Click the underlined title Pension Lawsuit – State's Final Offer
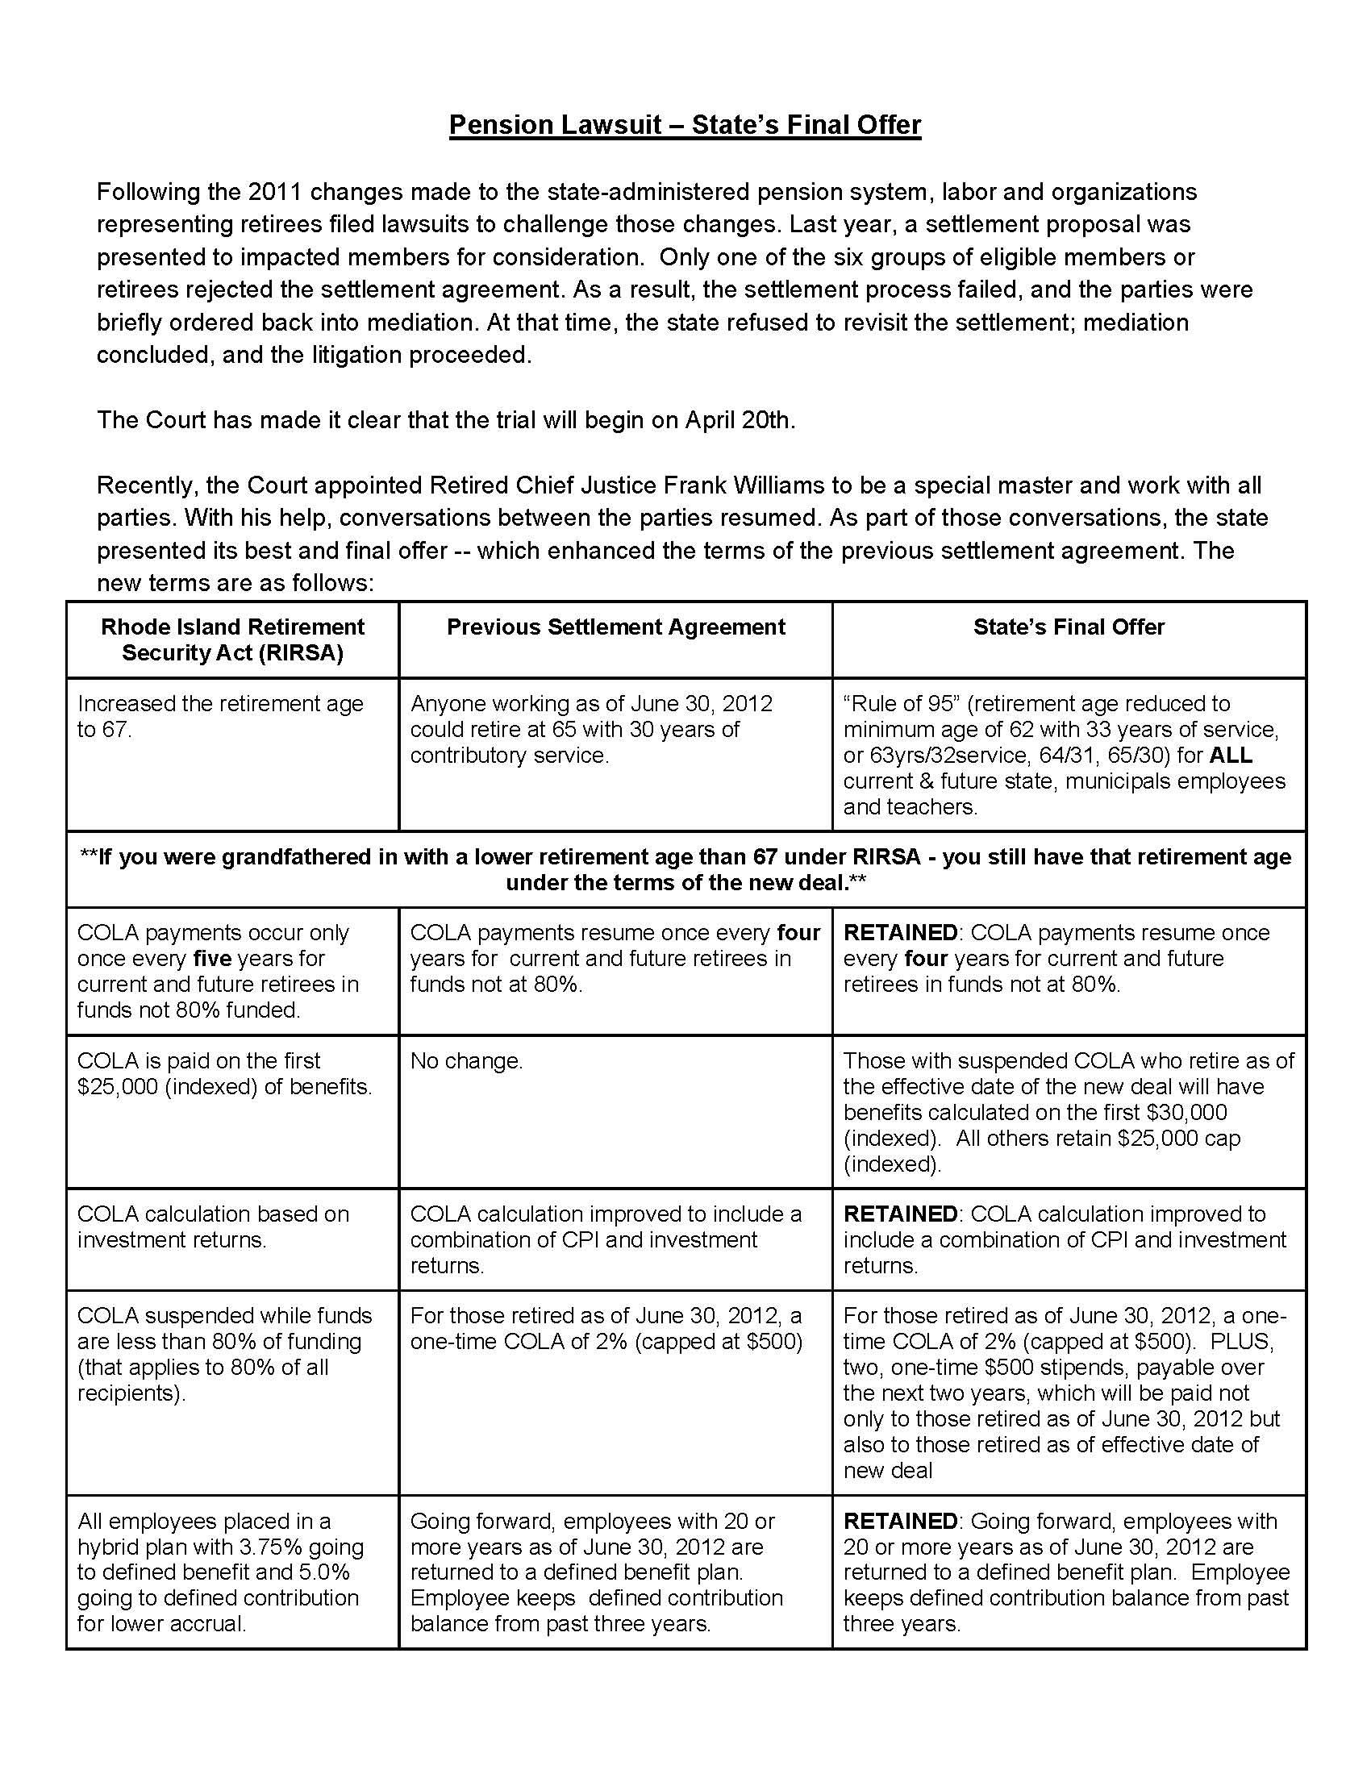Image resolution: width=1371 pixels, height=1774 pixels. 685,125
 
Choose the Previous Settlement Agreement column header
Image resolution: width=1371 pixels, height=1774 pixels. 615,627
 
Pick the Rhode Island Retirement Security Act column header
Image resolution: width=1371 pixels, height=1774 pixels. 232,640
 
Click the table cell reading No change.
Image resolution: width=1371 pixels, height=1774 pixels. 466,1061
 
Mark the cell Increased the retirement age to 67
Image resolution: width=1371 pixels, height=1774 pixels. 220,716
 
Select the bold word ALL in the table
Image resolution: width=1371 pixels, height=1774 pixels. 1231,756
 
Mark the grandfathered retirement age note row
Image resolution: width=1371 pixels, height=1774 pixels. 685,869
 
